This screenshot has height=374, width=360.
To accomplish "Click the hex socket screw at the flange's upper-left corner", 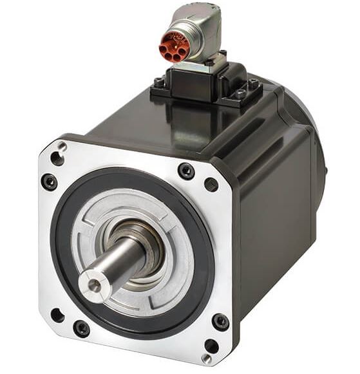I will click(49, 182).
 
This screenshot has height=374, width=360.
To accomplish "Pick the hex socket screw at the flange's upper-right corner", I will click(186, 171).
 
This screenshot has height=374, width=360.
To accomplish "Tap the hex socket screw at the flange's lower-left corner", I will click(82, 328).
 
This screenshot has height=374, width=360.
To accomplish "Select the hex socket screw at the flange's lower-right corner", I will click(220, 321).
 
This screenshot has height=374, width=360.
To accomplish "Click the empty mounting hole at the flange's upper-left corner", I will click(57, 158).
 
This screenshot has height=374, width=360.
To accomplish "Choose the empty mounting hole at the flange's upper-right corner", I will click(211, 185).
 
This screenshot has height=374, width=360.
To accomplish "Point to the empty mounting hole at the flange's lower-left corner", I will click(57, 315).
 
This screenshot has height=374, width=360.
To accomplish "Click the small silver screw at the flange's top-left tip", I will click(62, 147).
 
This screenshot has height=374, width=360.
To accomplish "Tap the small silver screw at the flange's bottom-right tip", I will click(206, 358).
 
